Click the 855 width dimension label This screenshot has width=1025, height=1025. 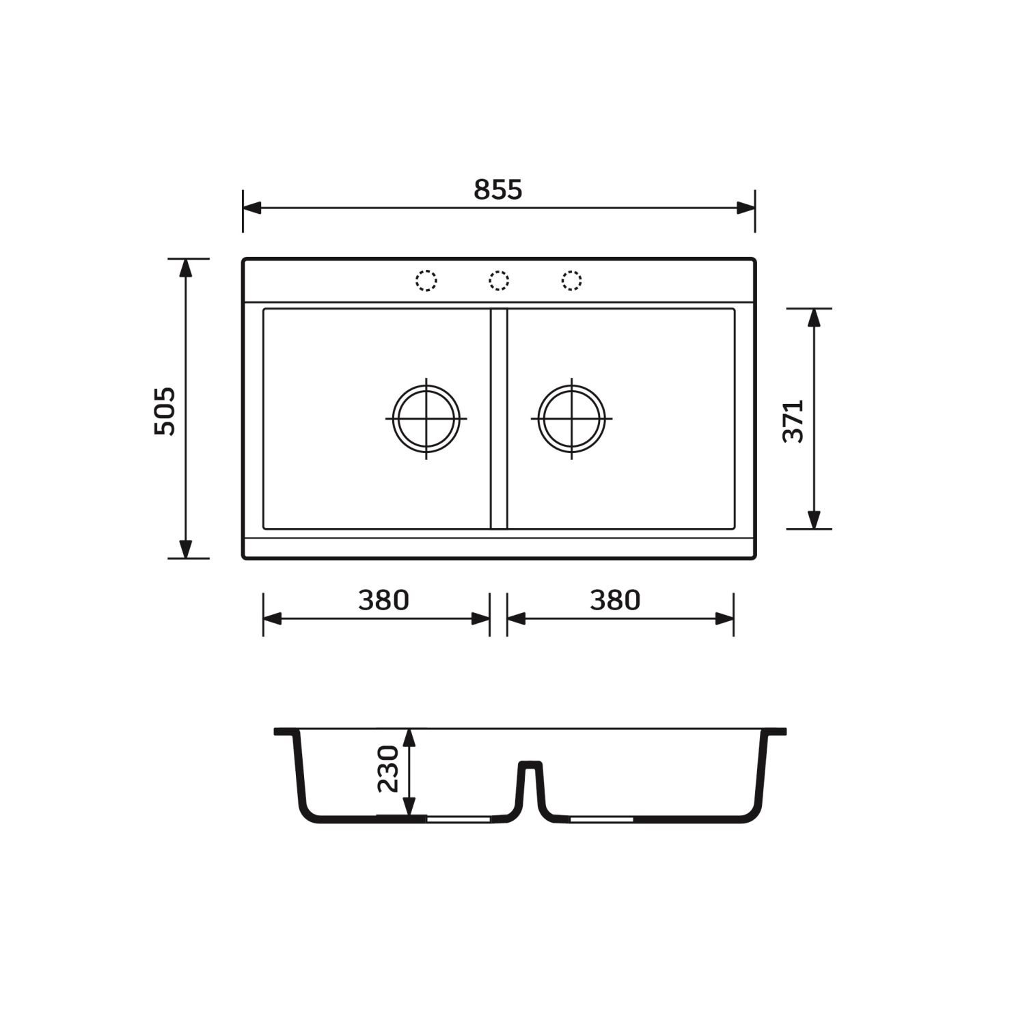[498, 189]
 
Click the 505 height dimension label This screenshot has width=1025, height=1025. [165, 411]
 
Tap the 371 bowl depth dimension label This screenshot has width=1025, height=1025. [793, 421]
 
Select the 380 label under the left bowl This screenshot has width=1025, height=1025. [383, 600]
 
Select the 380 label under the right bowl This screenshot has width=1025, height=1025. [615, 600]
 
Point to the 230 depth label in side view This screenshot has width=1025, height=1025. [387, 769]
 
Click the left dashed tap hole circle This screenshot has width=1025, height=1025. [426, 281]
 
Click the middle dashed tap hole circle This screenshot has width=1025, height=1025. [499, 281]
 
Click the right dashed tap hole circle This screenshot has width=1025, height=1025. [572, 281]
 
